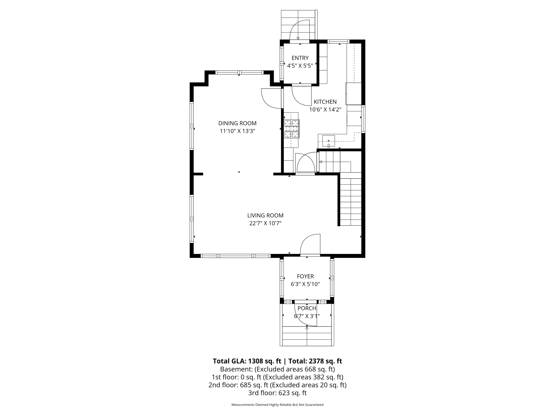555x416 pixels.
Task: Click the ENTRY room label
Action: pyautogui.click(x=300, y=58)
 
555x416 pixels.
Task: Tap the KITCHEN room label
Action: pyautogui.click(x=325, y=102)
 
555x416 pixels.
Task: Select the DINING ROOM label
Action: pyautogui.click(x=237, y=123)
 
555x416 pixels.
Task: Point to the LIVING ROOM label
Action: pyautogui.click(x=265, y=215)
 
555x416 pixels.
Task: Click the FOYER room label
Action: pyautogui.click(x=305, y=276)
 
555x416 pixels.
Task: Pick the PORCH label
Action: pyautogui.click(x=307, y=308)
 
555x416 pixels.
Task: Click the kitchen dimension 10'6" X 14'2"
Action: pyautogui.click(x=325, y=109)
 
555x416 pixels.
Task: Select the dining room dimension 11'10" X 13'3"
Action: pyautogui.click(x=237, y=131)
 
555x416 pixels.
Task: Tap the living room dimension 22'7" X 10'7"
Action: pyautogui.click(x=265, y=223)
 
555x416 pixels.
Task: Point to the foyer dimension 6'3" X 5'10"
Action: pyautogui.click(x=305, y=284)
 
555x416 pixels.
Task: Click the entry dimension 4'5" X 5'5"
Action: pyautogui.click(x=300, y=66)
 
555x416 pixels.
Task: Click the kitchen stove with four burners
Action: pyautogui.click(x=292, y=129)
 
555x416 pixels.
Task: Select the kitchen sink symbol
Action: pyautogui.click(x=328, y=141)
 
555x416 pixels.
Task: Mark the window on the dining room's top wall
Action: pyautogui.click(x=239, y=72)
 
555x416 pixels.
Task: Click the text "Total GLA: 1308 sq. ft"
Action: pyautogui.click(x=247, y=361)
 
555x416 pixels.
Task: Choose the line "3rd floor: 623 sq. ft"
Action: pyautogui.click(x=277, y=393)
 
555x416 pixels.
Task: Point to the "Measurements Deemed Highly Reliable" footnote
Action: pyautogui.click(x=277, y=412)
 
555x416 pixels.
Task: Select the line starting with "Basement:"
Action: pyautogui.click(x=277, y=369)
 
